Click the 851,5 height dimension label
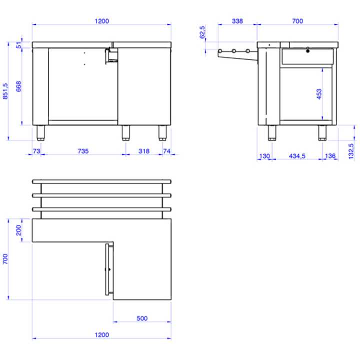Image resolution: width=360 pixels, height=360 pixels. (5, 90)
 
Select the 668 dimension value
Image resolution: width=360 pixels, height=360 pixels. (18, 86)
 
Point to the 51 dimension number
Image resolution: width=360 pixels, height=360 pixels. (18, 45)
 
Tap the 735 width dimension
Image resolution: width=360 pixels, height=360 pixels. (82, 150)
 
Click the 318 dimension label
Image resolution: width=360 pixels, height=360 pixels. (144, 150)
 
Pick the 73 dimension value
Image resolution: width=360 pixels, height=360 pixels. (36, 150)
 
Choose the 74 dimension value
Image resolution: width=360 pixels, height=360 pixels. (167, 150)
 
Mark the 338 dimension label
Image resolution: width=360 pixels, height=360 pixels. (237, 21)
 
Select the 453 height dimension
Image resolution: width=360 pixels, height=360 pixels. (319, 94)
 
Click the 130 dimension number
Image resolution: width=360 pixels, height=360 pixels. (264, 156)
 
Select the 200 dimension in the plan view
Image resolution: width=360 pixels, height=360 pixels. (18, 230)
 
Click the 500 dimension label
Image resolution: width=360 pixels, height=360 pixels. (142, 318)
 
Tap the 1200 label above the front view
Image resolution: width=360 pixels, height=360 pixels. (101, 21)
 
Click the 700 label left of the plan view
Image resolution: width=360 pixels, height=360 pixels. (5, 259)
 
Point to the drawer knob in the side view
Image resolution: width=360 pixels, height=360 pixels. (307, 50)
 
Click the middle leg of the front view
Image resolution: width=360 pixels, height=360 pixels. (126, 133)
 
